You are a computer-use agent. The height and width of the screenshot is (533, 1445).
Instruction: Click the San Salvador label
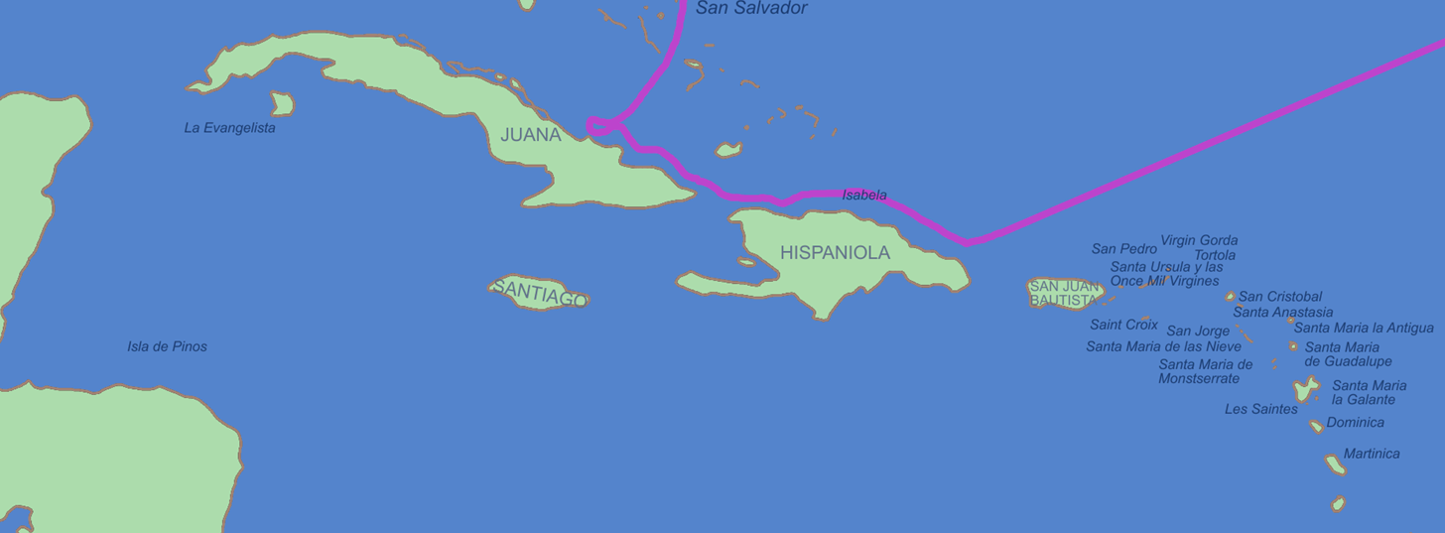tap(751, 9)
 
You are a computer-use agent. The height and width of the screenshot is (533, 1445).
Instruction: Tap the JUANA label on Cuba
tap(531, 135)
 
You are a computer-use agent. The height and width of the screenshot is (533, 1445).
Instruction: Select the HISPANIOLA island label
tap(835, 253)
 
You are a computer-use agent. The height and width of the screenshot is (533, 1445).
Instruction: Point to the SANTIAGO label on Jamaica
tap(540, 292)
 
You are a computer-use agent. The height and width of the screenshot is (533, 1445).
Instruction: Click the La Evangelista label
tap(230, 128)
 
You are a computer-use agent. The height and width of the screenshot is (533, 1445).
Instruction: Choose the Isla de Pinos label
tap(167, 346)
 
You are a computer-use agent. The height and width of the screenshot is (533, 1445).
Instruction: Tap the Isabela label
tap(864, 196)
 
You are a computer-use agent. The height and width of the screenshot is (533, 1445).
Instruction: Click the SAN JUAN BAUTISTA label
tap(1064, 294)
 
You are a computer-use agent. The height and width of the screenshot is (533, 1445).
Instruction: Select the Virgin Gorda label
tap(1199, 240)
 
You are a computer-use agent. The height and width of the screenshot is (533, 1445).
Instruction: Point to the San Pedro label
tap(1124, 249)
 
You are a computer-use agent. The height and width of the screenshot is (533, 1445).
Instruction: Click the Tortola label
tap(1215, 255)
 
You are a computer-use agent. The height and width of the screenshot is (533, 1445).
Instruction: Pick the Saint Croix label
tap(1123, 325)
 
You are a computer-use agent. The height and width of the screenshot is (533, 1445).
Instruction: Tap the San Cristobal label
tap(1280, 297)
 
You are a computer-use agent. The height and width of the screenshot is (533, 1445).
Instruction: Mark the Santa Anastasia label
tap(1283, 313)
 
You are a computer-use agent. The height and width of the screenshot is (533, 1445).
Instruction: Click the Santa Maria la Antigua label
tap(1364, 328)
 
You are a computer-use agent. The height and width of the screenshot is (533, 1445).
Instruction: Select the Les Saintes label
tap(1260, 409)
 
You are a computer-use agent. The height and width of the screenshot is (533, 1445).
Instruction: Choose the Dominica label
tap(1355, 423)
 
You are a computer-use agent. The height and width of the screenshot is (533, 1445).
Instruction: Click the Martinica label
tap(1372, 454)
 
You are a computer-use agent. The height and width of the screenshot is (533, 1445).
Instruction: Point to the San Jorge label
tap(1198, 332)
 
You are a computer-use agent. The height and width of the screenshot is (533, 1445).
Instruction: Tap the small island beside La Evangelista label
tap(282, 103)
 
